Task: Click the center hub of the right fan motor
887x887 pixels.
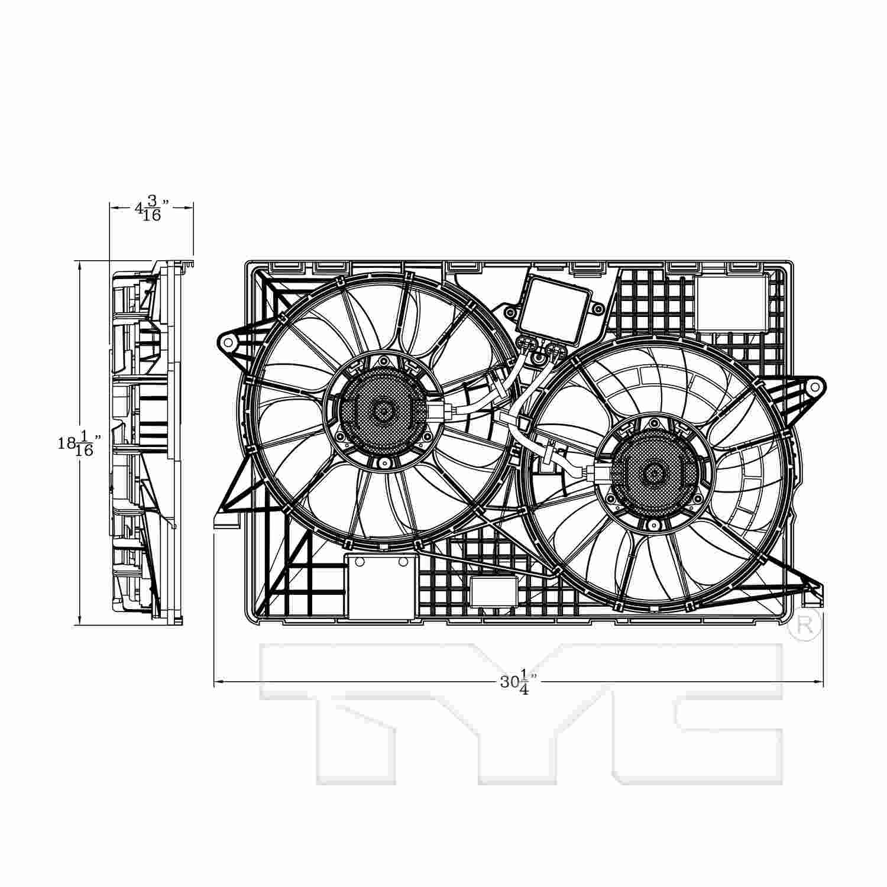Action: [654, 472]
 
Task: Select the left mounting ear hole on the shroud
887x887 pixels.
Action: [228, 341]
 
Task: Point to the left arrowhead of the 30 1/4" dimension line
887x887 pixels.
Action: [218, 684]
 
